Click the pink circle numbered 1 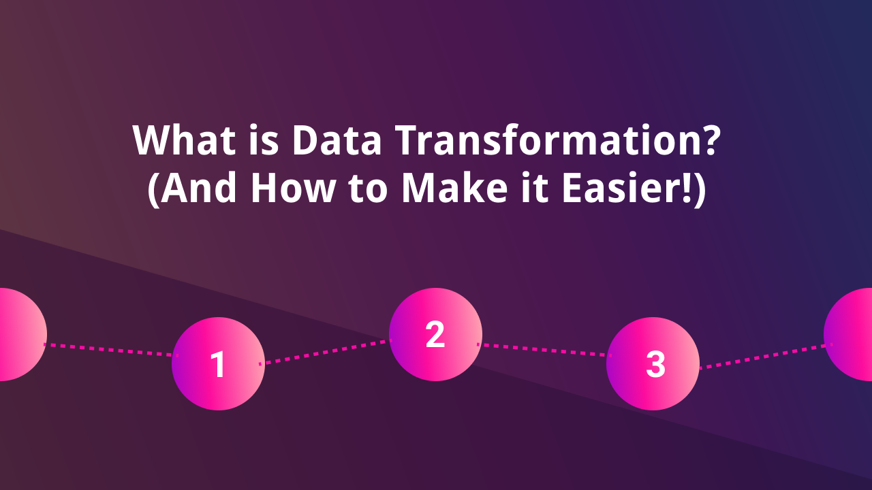point(218,364)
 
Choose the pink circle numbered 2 point(435,334)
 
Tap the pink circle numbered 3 point(653,364)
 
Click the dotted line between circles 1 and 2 point(327,351)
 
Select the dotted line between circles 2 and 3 point(545,350)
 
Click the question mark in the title point(709,140)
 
